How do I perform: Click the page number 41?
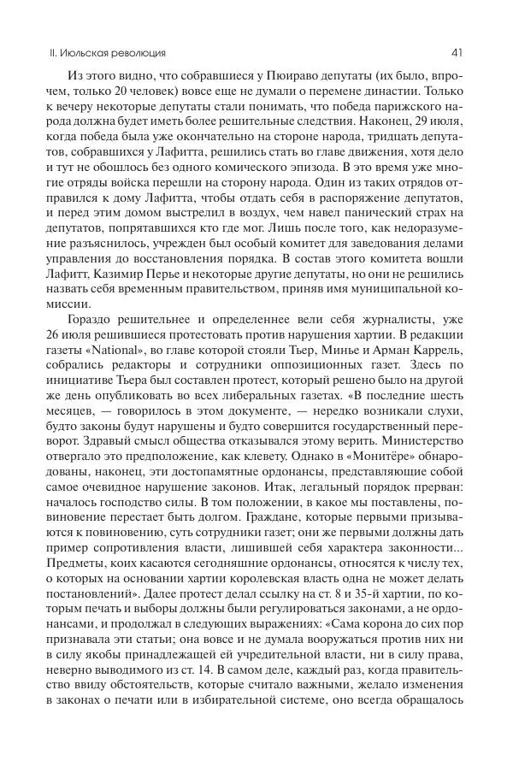pos(458,52)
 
